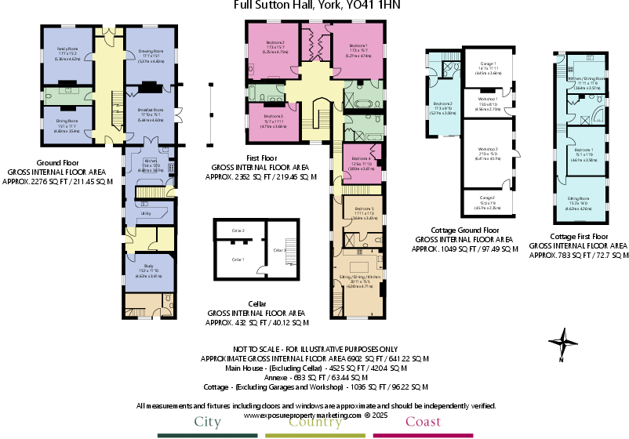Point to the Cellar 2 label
pyautogui.click(x=238, y=230)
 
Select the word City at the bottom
pyautogui.click(x=207, y=423)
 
